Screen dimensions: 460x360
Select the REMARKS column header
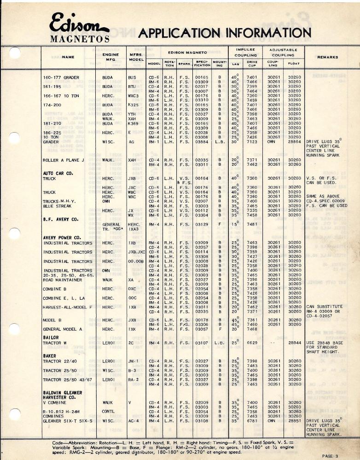pos(327,57)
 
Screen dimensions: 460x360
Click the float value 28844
pos(294,343)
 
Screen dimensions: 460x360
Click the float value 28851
pos(294,420)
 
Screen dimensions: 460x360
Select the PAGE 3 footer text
pos(331,455)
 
